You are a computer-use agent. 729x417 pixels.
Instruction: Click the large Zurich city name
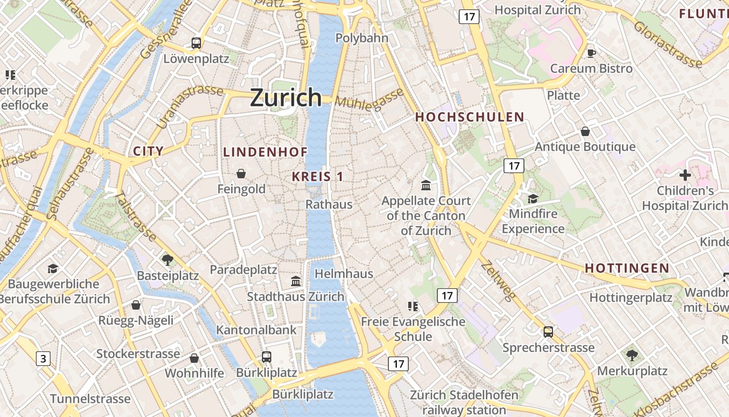point(286,97)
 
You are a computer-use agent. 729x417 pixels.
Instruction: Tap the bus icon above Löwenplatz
point(196,43)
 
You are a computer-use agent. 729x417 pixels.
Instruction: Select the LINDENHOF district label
point(265,152)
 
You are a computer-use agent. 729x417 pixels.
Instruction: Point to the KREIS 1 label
point(317,176)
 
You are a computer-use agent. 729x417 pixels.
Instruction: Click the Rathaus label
point(329,204)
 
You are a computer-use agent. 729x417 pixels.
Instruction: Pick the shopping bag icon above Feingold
point(241,173)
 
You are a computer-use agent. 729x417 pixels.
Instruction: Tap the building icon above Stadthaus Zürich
point(296,281)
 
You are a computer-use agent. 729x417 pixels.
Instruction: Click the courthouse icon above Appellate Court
point(426,185)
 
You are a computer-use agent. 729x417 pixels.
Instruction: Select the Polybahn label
point(362,38)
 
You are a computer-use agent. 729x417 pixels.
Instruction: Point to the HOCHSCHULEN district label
point(469,117)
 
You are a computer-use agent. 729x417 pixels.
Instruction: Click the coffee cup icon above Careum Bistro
point(591,53)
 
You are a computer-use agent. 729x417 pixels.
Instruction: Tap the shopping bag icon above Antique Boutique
point(585,131)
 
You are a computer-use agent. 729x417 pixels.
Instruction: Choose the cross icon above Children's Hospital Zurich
point(685,175)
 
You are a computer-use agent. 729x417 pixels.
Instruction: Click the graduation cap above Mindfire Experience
point(533,199)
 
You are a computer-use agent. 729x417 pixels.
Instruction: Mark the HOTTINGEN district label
point(627,268)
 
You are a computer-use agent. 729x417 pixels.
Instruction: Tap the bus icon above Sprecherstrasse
point(548,332)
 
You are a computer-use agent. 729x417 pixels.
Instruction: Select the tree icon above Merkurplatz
point(632,355)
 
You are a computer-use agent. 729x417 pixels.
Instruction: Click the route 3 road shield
point(43,358)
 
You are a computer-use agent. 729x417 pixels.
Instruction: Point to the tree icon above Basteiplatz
point(168,259)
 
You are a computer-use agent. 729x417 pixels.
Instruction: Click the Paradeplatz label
point(243,269)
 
